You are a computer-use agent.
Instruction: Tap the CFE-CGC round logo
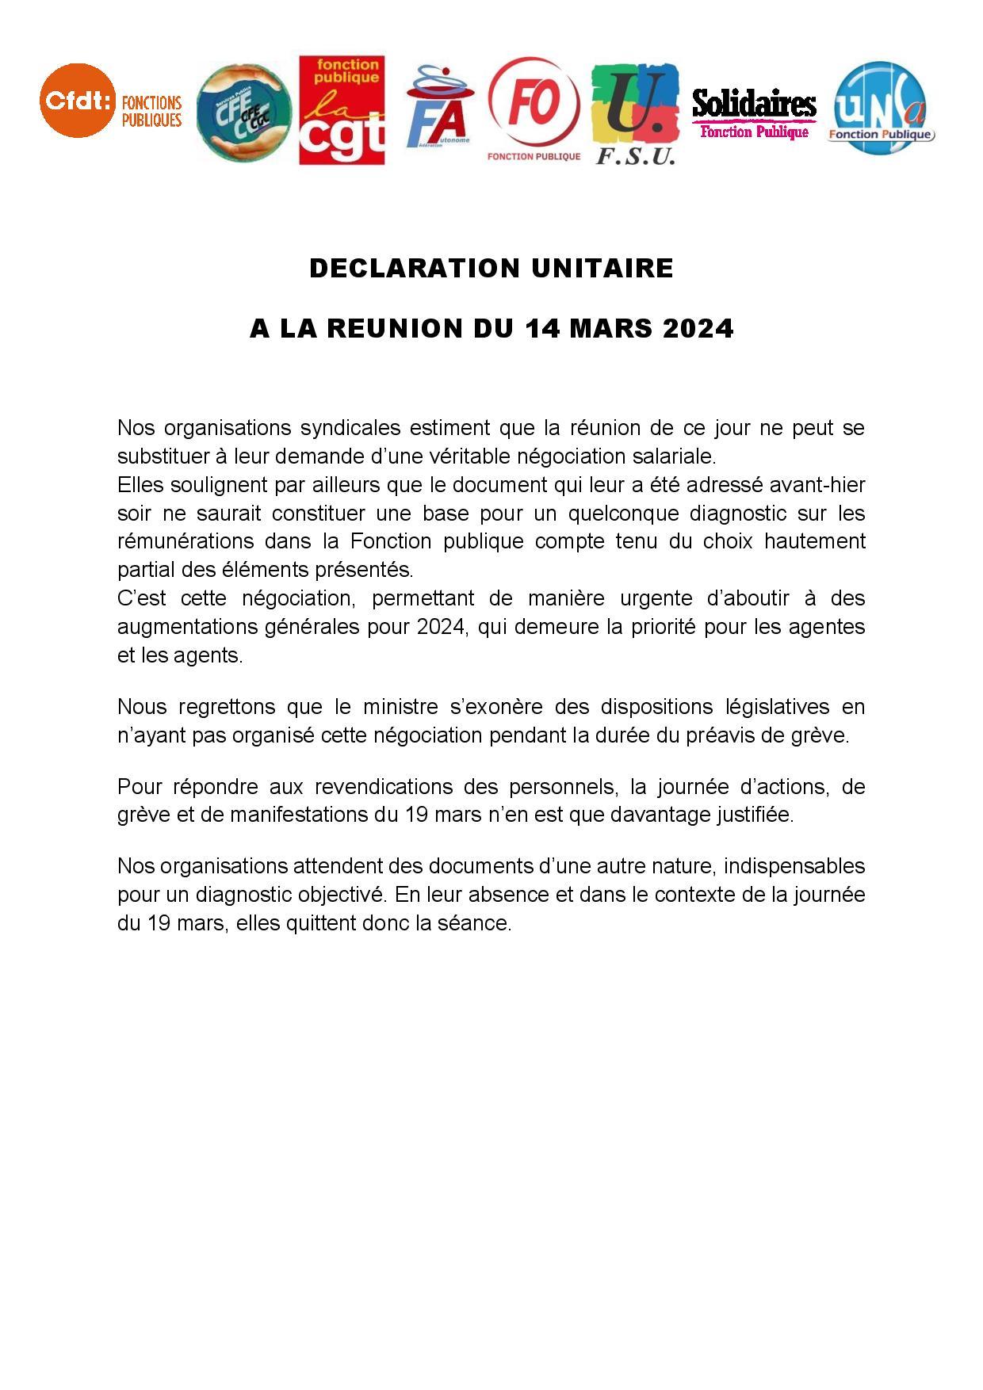click(243, 112)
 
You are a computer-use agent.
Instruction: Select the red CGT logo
click(342, 110)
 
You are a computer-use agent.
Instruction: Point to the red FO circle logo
click(534, 104)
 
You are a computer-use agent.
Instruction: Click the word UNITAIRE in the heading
click(602, 269)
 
